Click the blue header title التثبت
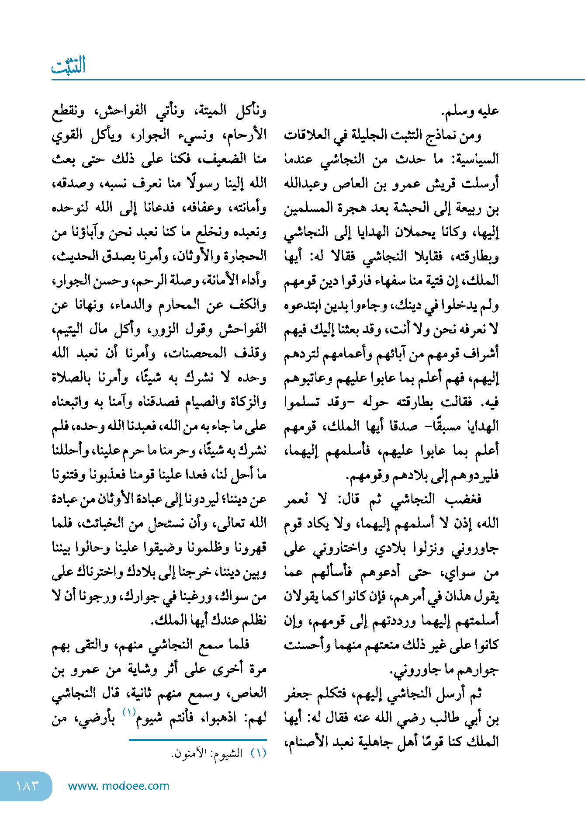(69, 66)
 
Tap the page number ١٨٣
(27, 785)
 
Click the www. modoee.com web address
(118, 785)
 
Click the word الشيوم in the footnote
(231, 754)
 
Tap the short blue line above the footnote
(197, 739)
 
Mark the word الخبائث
(105, 523)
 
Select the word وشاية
(142, 669)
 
